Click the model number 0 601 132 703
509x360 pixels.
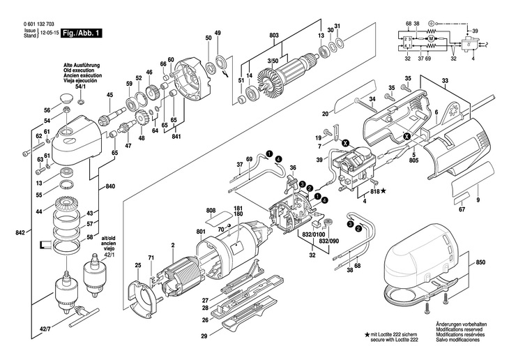(x=33, y=24)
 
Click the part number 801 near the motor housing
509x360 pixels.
(x=201, y=232)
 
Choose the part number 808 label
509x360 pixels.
(x=211, y=210)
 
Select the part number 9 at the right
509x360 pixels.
(x=478, y=200)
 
